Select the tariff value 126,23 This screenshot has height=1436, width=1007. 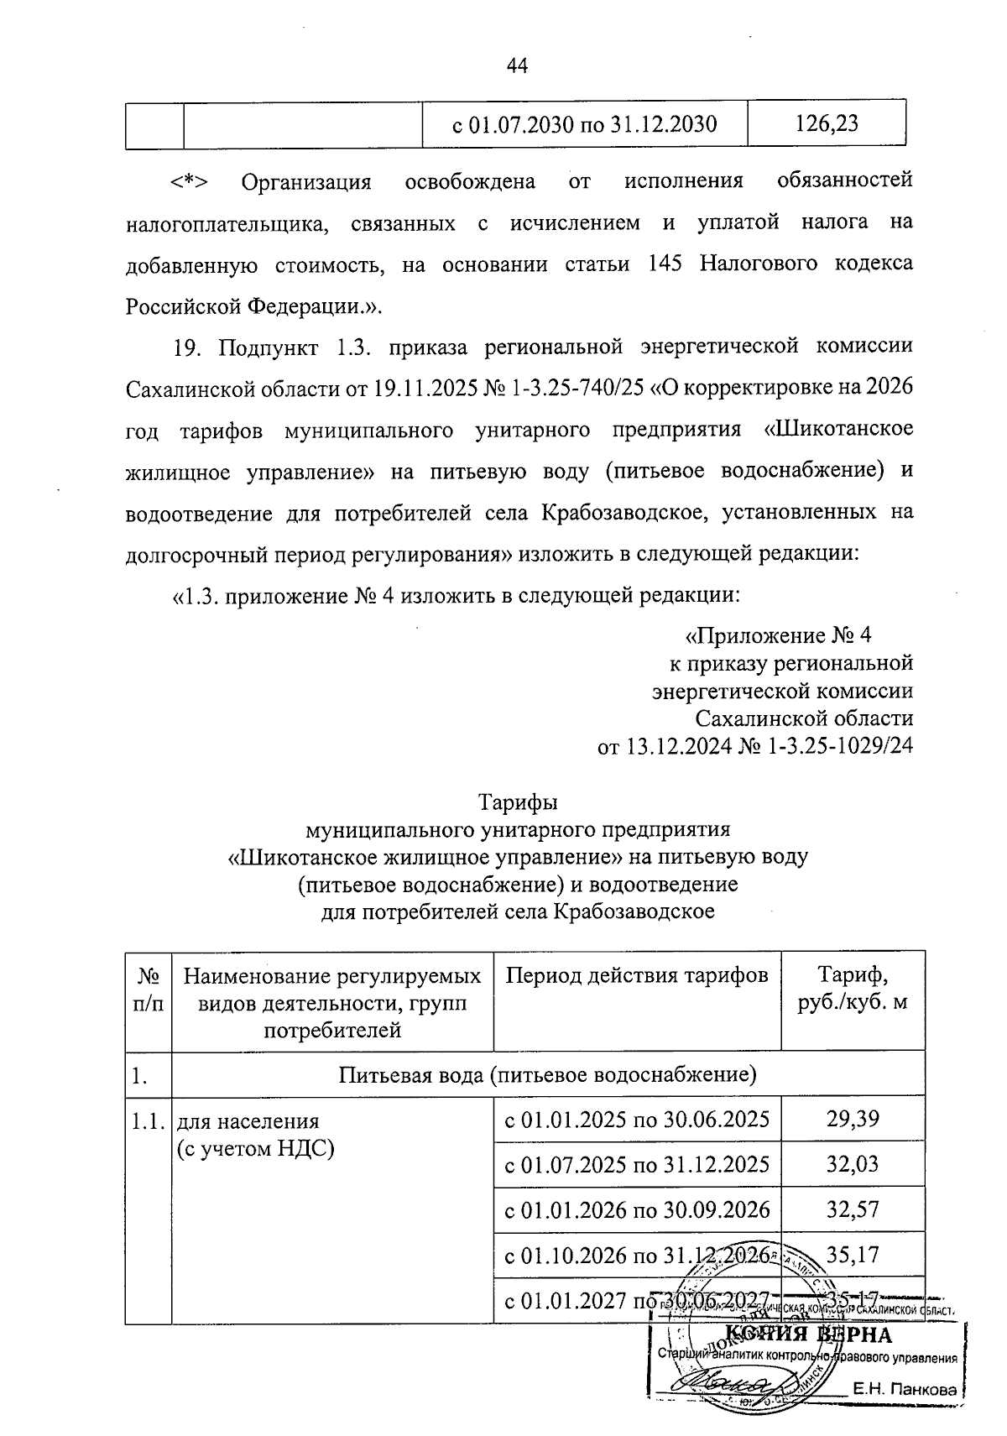point(826,124)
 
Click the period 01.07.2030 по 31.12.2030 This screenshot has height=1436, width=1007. point(584,125)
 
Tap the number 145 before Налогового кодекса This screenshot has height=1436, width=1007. point(667,264)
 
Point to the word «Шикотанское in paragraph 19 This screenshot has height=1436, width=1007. point(838,429)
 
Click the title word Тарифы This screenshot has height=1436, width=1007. point(518,802)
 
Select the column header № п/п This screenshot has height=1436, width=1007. point(148,990)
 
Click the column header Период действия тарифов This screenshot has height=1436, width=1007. point(636,976)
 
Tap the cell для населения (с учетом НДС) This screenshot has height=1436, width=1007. point(257,1135)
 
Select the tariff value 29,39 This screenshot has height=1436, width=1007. point(852,1119)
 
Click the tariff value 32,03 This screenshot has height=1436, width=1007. point(852,1164)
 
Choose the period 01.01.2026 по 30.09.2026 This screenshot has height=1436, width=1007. point(636,1209)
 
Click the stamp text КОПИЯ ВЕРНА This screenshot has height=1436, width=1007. point(807,1334)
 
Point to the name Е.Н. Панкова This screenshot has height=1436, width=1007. point(904,1390)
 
